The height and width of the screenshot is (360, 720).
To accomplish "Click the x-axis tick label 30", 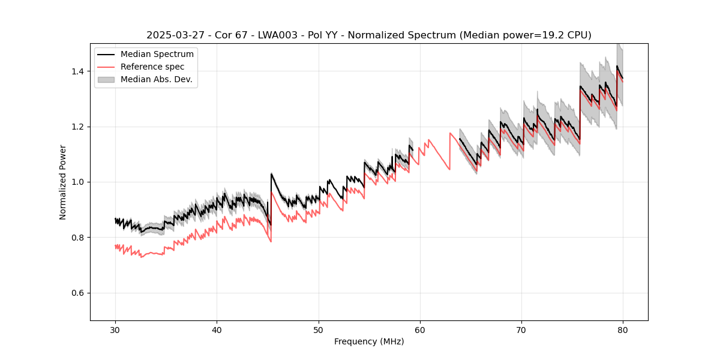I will [x=115, y=330].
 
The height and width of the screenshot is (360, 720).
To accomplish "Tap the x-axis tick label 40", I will [x=217, y=330].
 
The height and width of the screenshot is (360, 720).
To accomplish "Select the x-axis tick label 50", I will [x=319, y=330].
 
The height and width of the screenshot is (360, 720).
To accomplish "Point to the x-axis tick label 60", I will [x=420, y=330].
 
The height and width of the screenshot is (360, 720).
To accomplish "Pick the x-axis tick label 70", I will [x=521, y=330].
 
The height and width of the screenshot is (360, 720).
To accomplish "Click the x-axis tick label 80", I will [x=623, y=330].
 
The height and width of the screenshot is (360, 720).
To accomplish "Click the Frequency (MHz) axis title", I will [x=369, y=341].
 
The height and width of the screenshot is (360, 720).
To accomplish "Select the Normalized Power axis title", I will [x=63, y=182].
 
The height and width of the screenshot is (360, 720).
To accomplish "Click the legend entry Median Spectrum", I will [x=157, y=55].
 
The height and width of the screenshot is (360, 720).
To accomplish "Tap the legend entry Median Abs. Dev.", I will [x=156, y=79].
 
